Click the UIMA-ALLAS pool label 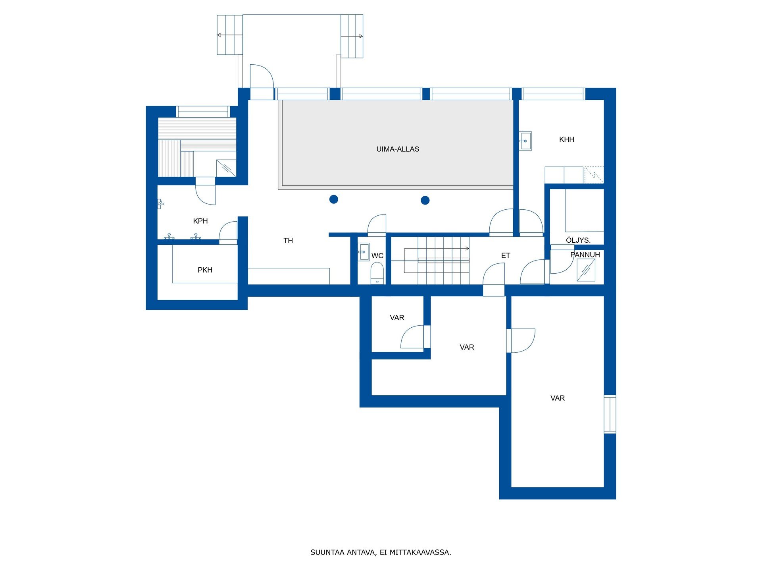[x=398, y=149]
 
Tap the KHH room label [x=567, y=139]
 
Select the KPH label [x=200, y=221]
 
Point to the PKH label [x=205, y=270]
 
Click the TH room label [x=288, y=241]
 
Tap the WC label [x=377, y=256]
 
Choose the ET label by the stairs [x=506, y=256]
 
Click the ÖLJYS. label [x=578, y=240]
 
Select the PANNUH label [x=585, y=255]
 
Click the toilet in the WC [x=377, y=273]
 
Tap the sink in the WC [x=364, y=252]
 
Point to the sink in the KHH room [x=525, y=141]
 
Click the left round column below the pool [x=334, y=199]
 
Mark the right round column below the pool [x=425, y=200]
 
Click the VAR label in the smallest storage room [x=397, y=318]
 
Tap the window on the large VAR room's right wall [x=610, y=414]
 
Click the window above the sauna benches [x=203, y=112]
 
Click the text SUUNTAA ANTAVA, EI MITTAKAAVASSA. [x=381, y=553]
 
